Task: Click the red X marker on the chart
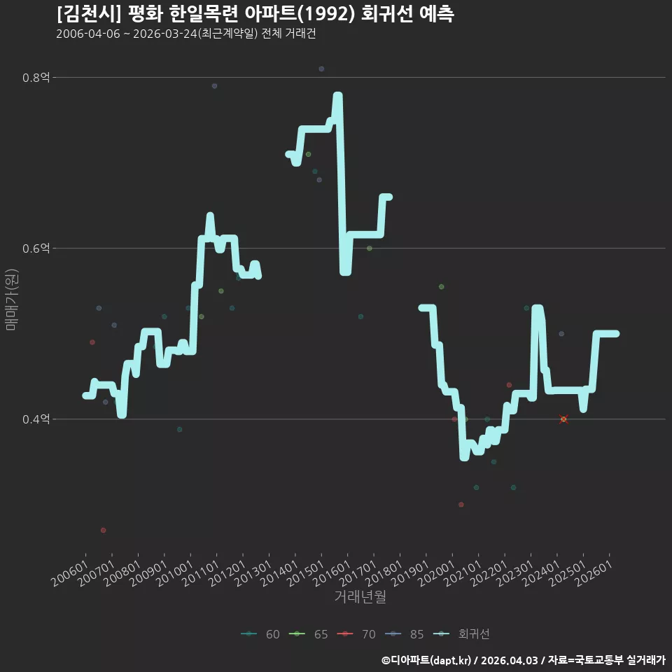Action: pos(563,419)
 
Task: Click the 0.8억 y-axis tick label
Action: pos(36,78)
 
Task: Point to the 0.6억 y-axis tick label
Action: pos(36,248)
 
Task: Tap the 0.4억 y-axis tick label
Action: pos(36,419)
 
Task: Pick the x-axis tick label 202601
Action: pos(594,573)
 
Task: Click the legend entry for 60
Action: pos(260,634)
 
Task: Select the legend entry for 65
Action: pos(308,634)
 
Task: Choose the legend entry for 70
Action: pos(356,634)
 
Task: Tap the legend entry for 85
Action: pos(404,634)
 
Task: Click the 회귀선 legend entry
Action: pos(461,634)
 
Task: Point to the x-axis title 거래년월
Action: pos(360,596)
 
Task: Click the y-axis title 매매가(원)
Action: pos(11,300)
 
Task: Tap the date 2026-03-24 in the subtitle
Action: pos(165,34)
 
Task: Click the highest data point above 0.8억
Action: pos(321,69)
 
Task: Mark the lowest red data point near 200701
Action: pos(104,530)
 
